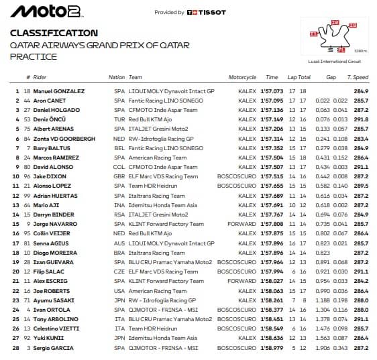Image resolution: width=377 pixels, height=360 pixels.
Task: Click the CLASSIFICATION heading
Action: (54, 33)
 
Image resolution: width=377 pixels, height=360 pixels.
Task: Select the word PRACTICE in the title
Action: (34, 56)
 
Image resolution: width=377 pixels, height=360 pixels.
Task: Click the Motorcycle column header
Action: (242, 77)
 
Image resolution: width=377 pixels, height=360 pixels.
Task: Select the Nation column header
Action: (117, 77)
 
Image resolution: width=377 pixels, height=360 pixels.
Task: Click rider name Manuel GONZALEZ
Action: (59, 91)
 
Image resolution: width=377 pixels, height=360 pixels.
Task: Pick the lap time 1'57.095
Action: (271, 100)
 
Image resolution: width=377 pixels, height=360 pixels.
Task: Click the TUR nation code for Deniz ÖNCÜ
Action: (119, 119)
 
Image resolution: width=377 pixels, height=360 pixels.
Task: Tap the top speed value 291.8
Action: (361, 119)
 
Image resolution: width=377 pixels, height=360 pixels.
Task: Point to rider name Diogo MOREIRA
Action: (56, 252)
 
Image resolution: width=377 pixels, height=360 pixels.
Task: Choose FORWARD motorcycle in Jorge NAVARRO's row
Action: (242, 224)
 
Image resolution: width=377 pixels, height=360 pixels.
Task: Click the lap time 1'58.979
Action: (271, 347)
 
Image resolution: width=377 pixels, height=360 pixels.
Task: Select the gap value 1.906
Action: (323, 347)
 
